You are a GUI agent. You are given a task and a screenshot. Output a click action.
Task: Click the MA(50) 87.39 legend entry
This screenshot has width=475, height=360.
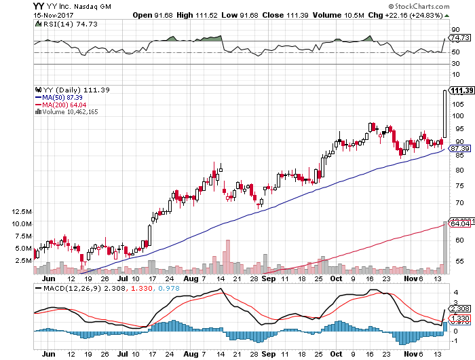(60, 97)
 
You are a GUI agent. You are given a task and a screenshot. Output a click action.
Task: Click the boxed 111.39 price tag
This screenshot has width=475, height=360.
(461, 90)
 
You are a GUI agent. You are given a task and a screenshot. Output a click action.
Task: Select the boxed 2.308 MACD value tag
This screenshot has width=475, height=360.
(460, 308)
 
